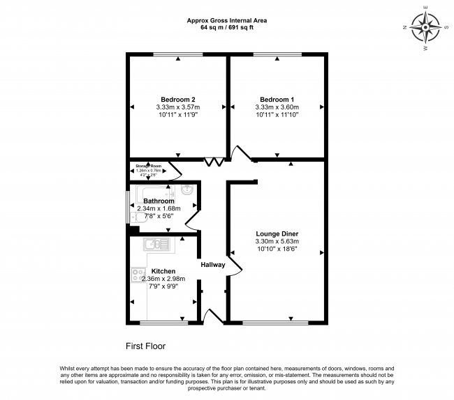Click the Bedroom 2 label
pos(178,99)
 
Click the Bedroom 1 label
pos(277,99)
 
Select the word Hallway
pos(213,264)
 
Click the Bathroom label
pos(159,201)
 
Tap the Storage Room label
pos(148,167)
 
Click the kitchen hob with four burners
pos(138,275)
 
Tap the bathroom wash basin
pos(187,190)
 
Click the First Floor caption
pos(145,346)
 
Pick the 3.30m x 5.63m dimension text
pos(277,242)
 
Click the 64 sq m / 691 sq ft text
pos(227,29)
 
